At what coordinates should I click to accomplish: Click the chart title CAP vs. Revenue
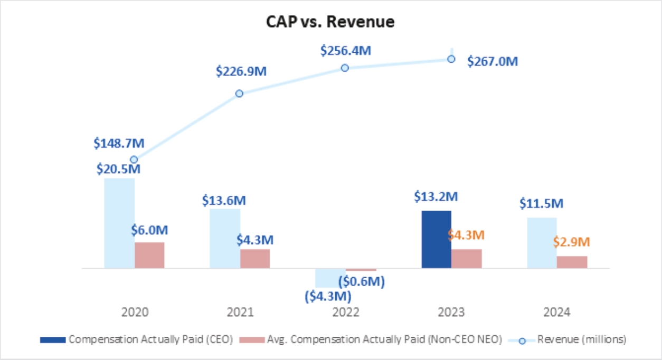click(330, 22)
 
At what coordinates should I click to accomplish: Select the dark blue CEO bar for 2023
click(436, 240)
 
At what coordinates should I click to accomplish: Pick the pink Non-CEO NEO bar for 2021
click(255, 259)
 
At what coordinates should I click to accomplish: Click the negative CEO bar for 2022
click(330, 278)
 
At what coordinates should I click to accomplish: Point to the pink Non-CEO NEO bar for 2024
click(572, 262)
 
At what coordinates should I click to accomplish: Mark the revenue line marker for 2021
click(239, 93)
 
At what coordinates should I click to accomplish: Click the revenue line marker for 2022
click(345, 68)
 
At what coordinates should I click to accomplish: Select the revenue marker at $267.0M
click(451, 59)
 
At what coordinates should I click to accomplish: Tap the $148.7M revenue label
click(119, 143)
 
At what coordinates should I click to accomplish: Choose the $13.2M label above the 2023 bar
click(436, 197)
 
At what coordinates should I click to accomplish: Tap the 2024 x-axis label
click(556, 312)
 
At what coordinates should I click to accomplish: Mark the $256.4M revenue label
click(346, 51)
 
